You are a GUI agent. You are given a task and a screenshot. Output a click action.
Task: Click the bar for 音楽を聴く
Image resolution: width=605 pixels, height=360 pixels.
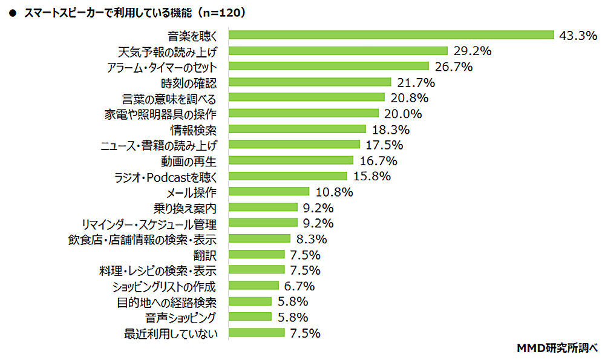tap(391, 34)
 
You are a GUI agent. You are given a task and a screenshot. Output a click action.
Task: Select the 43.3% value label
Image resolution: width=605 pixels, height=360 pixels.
tap(578, 35)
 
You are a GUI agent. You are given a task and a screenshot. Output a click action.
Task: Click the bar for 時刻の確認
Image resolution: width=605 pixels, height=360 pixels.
tap(310, 82)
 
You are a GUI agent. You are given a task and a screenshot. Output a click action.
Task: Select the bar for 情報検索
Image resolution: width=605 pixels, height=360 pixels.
tap(297, 129)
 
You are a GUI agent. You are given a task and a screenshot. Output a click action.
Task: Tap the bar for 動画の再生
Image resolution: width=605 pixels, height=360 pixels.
tap(291, 160)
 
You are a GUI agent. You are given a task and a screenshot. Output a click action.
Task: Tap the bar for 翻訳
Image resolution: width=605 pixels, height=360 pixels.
tap(257, 254)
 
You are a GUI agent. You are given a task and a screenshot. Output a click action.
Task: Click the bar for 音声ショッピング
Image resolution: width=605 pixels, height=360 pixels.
tap(250, 316)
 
